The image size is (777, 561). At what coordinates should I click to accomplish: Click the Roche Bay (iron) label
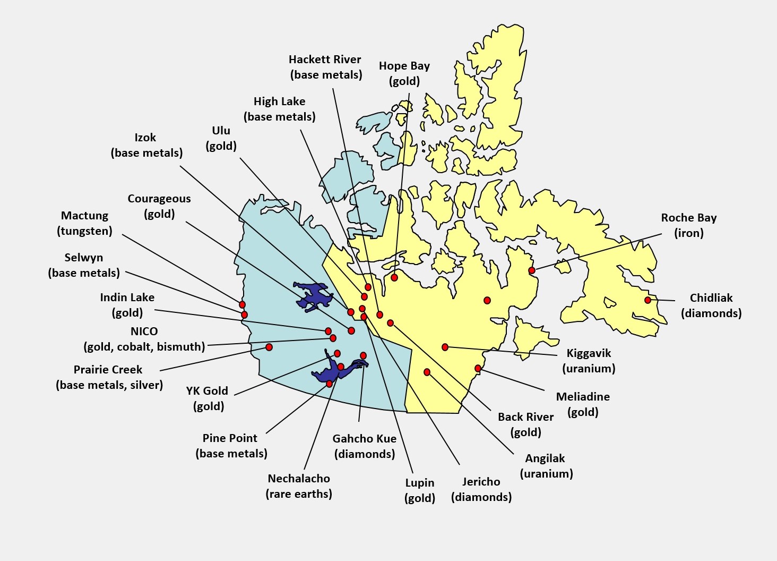point(688,225)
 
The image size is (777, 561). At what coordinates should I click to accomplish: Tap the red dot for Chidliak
point(647,300)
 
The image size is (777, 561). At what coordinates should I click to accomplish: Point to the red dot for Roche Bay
point(532,270)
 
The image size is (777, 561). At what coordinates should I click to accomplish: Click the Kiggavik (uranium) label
point(589,361)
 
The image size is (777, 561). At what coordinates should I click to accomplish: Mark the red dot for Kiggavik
point(445,347)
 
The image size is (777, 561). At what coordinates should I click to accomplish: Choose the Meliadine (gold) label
point(583,404)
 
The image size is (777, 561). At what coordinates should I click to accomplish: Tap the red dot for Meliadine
point(478,368)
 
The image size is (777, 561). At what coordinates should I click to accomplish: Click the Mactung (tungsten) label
point(84,223)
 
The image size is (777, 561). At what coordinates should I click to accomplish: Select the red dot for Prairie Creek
point(269,347)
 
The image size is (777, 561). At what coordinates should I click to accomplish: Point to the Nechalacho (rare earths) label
point(299,486)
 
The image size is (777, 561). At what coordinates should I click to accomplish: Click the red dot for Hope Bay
point(394,277)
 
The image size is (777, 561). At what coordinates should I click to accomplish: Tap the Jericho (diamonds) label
point(481,489)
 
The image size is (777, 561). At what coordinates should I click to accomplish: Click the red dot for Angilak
point(427,372)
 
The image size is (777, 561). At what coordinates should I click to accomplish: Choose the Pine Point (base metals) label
point(231,446)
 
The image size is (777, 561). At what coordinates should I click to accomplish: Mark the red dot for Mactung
point(242,304)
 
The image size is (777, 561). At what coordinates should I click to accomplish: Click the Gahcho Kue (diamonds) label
point(364,446)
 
